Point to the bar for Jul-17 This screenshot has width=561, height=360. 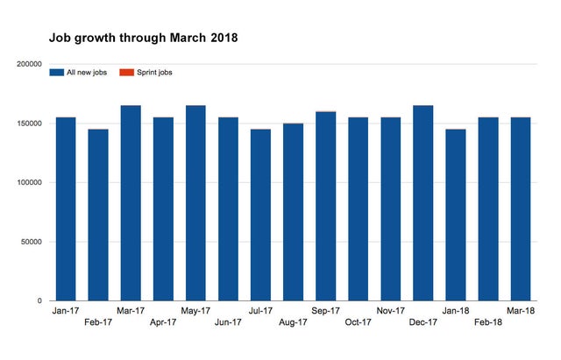(260, 215)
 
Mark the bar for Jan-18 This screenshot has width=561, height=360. (455, 215)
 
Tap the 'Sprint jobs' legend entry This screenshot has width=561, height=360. (153, 73)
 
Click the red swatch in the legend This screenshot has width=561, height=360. (124, 73)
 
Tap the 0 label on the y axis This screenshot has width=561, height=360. (39, 300)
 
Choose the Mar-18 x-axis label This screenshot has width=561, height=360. (520, 310)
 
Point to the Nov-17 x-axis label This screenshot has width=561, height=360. (390, 310)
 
